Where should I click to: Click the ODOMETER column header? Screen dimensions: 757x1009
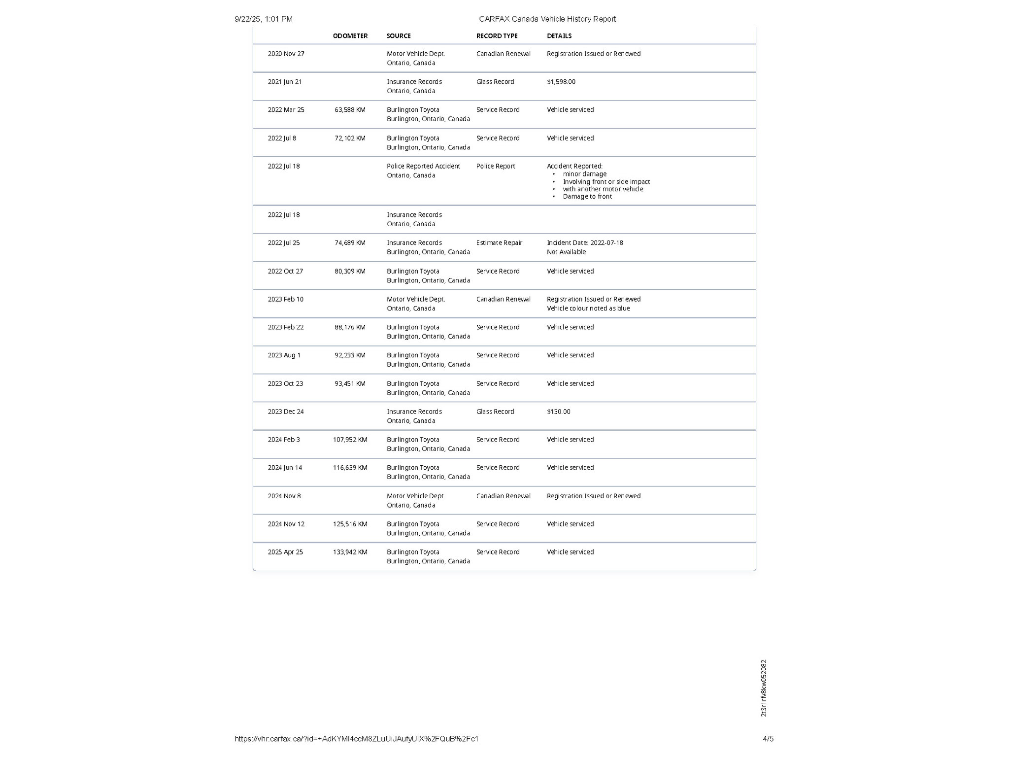pos(350,36)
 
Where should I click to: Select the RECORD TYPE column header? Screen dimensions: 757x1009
pos(497,36)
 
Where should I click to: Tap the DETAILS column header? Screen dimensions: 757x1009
pos(559,36)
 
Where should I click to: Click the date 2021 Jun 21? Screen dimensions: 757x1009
pos(285,82)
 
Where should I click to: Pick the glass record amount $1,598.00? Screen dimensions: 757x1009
pos(561,82)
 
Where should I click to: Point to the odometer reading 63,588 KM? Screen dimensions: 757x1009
pos(350,110)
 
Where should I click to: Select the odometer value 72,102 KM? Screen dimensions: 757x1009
pos(350,138)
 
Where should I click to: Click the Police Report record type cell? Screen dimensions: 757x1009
pos(495,167)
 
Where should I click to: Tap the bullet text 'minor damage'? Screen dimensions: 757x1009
pos(584,174)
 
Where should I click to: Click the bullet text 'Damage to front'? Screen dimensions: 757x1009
pos(587,197)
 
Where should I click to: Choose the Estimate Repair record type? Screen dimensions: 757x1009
pos(499,243)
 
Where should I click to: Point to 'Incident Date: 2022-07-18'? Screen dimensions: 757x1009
pos(585,243)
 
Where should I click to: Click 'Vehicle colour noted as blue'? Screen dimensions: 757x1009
pos(588,309)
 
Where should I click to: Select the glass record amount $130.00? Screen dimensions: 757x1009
pos(558,412)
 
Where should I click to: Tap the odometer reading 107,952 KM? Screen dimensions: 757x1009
pos(350,440)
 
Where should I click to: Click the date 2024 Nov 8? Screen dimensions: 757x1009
pos(284,496)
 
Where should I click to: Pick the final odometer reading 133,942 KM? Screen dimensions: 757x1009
pos(350,552)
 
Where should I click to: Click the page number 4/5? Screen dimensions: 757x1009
pos(768,739)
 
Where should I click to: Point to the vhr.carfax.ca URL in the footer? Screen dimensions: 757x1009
pos(356,739)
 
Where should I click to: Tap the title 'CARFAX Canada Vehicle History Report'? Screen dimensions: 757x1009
pos(547,19)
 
